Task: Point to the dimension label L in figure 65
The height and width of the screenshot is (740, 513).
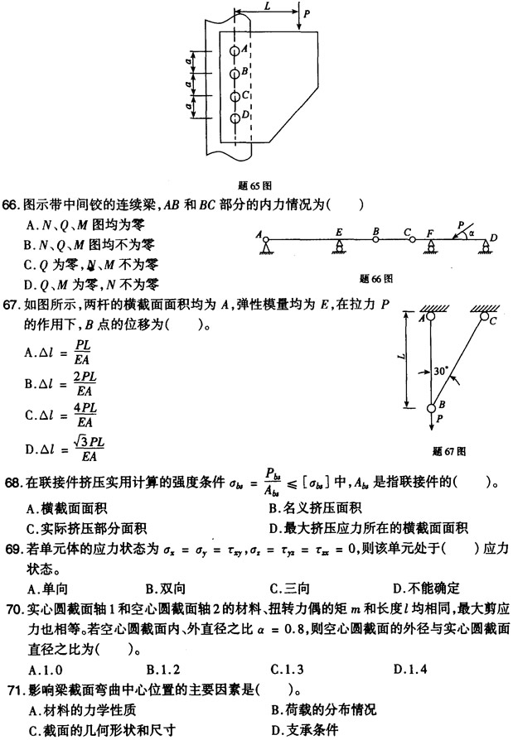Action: coord(267,7)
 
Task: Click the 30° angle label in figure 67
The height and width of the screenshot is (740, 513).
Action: coord(440,372)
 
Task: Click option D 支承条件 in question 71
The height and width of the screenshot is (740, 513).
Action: coord(307,730)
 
